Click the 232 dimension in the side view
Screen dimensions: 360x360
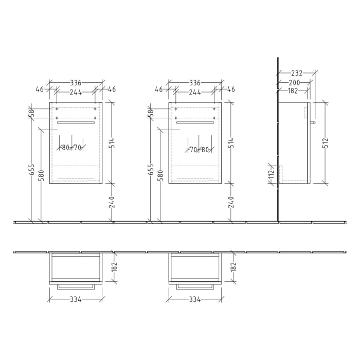[296, 74]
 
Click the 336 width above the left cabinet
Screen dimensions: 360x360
[76, 82]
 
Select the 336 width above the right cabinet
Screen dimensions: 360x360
[195, 82]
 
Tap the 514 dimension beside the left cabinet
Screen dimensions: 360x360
[112, 142]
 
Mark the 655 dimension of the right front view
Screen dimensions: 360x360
[151, 169]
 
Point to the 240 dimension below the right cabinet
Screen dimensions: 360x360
[231, 202]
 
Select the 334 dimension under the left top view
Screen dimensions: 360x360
[76, 299]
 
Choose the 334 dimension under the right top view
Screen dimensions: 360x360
[195, 299]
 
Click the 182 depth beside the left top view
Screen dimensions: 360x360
[115, 267]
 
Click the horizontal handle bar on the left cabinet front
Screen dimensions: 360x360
[76, 122]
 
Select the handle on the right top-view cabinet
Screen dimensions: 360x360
[195, 286]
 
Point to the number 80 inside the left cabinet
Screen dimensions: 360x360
[66, 148]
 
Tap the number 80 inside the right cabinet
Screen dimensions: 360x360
[205, 150]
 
